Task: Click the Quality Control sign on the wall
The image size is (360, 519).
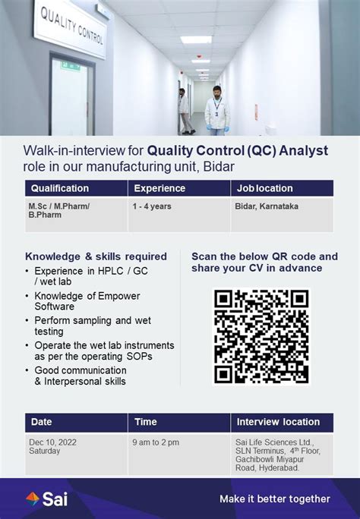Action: pos(70,29)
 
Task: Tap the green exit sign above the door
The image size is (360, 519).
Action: pos(70,65)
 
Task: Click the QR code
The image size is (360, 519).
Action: pos(261,337)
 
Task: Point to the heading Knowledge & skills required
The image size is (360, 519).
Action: pos(96,256)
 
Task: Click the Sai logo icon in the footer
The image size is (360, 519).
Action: pos(33,499)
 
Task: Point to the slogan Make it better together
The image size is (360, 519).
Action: pos(275,499)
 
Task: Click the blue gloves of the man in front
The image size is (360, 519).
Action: pos(217,127)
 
